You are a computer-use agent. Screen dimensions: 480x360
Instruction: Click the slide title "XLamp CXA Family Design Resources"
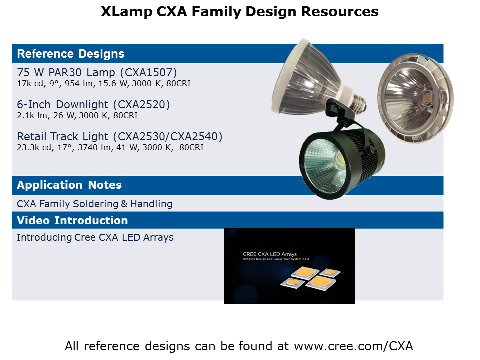pos(239,12)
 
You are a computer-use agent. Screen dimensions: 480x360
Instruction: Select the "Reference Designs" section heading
pos(71,54)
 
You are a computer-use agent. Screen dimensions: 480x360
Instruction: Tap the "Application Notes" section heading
pos(69,185)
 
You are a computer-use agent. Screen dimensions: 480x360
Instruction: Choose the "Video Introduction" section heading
pos(72,220)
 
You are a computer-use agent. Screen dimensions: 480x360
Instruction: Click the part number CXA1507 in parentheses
pos(149,73)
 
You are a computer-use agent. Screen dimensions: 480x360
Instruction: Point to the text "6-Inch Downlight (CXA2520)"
pos(93,104)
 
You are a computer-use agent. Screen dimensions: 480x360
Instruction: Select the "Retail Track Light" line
pos(119,136)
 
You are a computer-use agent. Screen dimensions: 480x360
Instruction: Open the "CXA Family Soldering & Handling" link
pos(95,204)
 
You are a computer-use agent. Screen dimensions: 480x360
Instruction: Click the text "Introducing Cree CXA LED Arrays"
pos(95,237)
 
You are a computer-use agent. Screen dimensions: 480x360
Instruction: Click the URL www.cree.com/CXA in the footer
pos(353,346)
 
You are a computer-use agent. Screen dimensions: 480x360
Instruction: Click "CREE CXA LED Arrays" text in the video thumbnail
pos(270,254)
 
